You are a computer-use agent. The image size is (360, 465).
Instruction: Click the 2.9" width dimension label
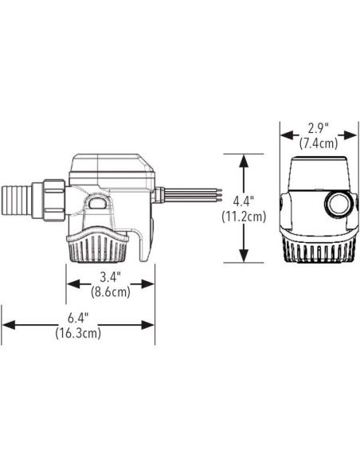[x=319, y=129]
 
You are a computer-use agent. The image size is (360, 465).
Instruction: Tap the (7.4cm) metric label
[x=319, y=143]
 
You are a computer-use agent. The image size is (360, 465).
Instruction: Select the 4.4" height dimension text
[x=244, y=201]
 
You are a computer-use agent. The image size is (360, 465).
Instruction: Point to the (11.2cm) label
[x=244, y=217]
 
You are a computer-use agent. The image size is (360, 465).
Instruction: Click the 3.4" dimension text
[x=111, y=277]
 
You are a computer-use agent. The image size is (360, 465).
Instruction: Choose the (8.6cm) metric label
[x=111, y=292]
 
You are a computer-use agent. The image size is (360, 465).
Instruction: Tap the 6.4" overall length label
[x=78, y=318]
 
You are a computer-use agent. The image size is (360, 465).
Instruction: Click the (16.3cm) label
[x=78, y=333]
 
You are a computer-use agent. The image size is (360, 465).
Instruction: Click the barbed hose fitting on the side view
[x=17, y=201]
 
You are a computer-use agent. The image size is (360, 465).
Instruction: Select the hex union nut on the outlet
[x=54, y=201]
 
